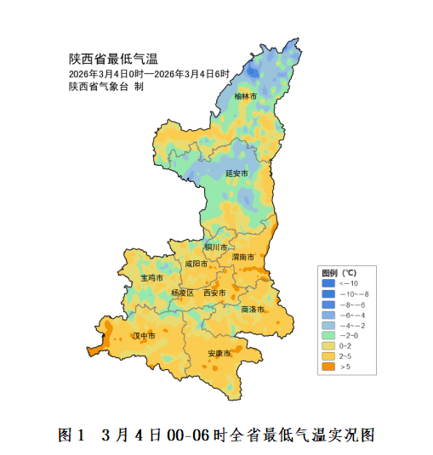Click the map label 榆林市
[x=246, y=97]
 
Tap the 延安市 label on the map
[x=236, y=173]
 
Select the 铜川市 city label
[x=216, y=247]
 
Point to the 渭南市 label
[x=244, y=256]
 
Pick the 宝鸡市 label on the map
[x=151, y=278]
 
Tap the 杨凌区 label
[x=182, y=293]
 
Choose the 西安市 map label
[x=214, y=293]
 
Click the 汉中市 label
[x=144, y=337]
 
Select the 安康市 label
[x=219, y=353]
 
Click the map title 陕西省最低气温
[x=113, y=60]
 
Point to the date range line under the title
[x=150, y=74]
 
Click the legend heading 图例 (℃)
[x=339, y=273]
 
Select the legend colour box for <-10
[x=328, y=282]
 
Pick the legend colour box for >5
[x=328, y=367]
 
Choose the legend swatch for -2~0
[x=328, y=336]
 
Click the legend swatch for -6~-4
[x=328, y=315]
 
